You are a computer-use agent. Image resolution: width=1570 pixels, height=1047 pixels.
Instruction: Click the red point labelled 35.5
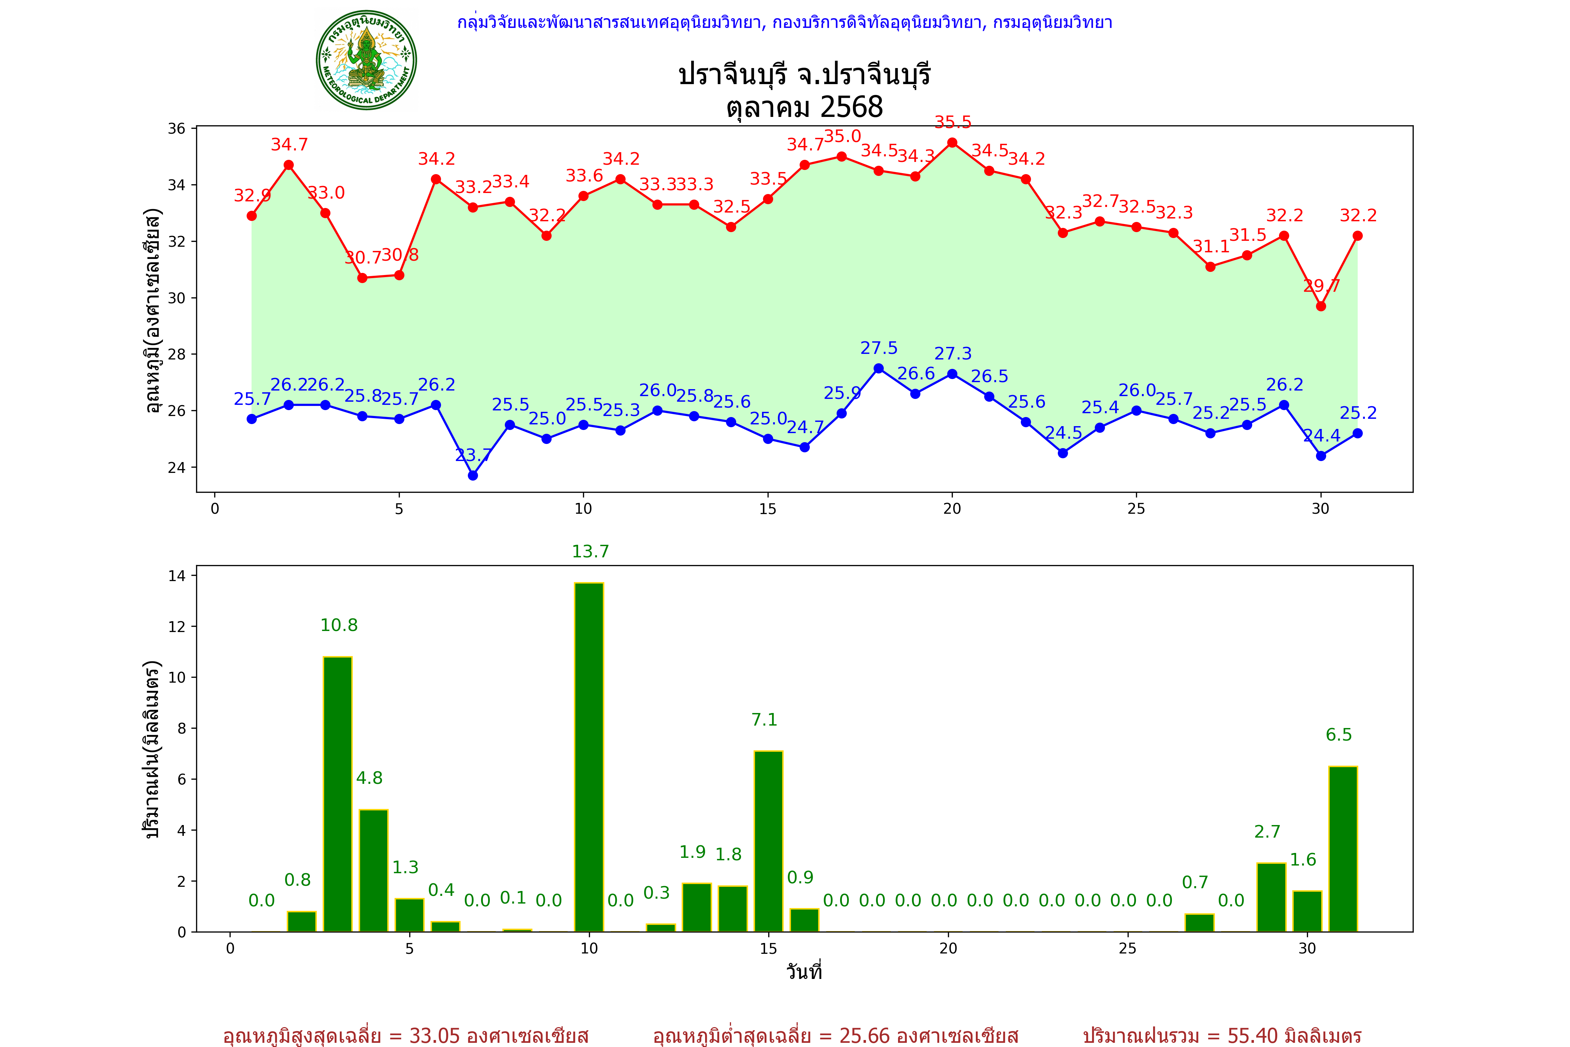pos(952,143)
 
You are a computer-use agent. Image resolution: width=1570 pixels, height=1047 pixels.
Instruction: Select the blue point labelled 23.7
pos(473,475)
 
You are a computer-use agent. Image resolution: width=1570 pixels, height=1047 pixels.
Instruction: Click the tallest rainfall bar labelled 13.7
pos(589,757)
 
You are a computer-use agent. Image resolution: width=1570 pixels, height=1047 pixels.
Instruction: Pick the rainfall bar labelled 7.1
pos(768,841)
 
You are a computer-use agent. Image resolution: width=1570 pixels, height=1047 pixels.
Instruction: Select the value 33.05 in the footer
pos(435,1035)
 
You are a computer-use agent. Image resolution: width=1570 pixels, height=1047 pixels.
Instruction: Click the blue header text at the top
pos(784,23)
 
